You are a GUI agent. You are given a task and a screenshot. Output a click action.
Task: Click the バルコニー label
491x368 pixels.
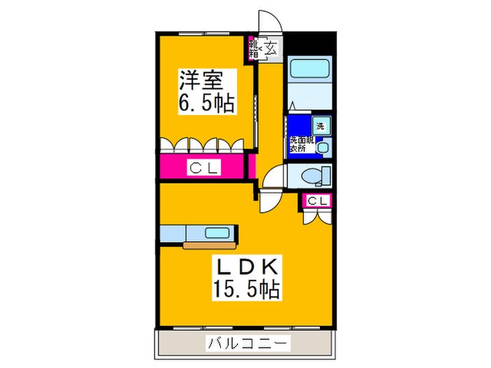tap(245, 343)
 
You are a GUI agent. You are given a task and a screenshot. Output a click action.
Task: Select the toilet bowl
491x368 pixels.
tap(309, 175)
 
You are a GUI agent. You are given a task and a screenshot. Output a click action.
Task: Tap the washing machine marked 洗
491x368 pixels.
tap(320, 127)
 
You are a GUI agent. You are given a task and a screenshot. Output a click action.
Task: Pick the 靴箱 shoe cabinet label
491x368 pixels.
tap(253, 48)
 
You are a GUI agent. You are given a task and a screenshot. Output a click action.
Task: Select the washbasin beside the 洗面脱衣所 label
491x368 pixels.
tap(323, 147)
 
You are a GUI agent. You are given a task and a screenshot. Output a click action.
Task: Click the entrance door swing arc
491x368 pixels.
tap(269, 21)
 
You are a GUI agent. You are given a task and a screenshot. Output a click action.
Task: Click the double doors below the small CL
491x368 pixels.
tap(316, 216)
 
